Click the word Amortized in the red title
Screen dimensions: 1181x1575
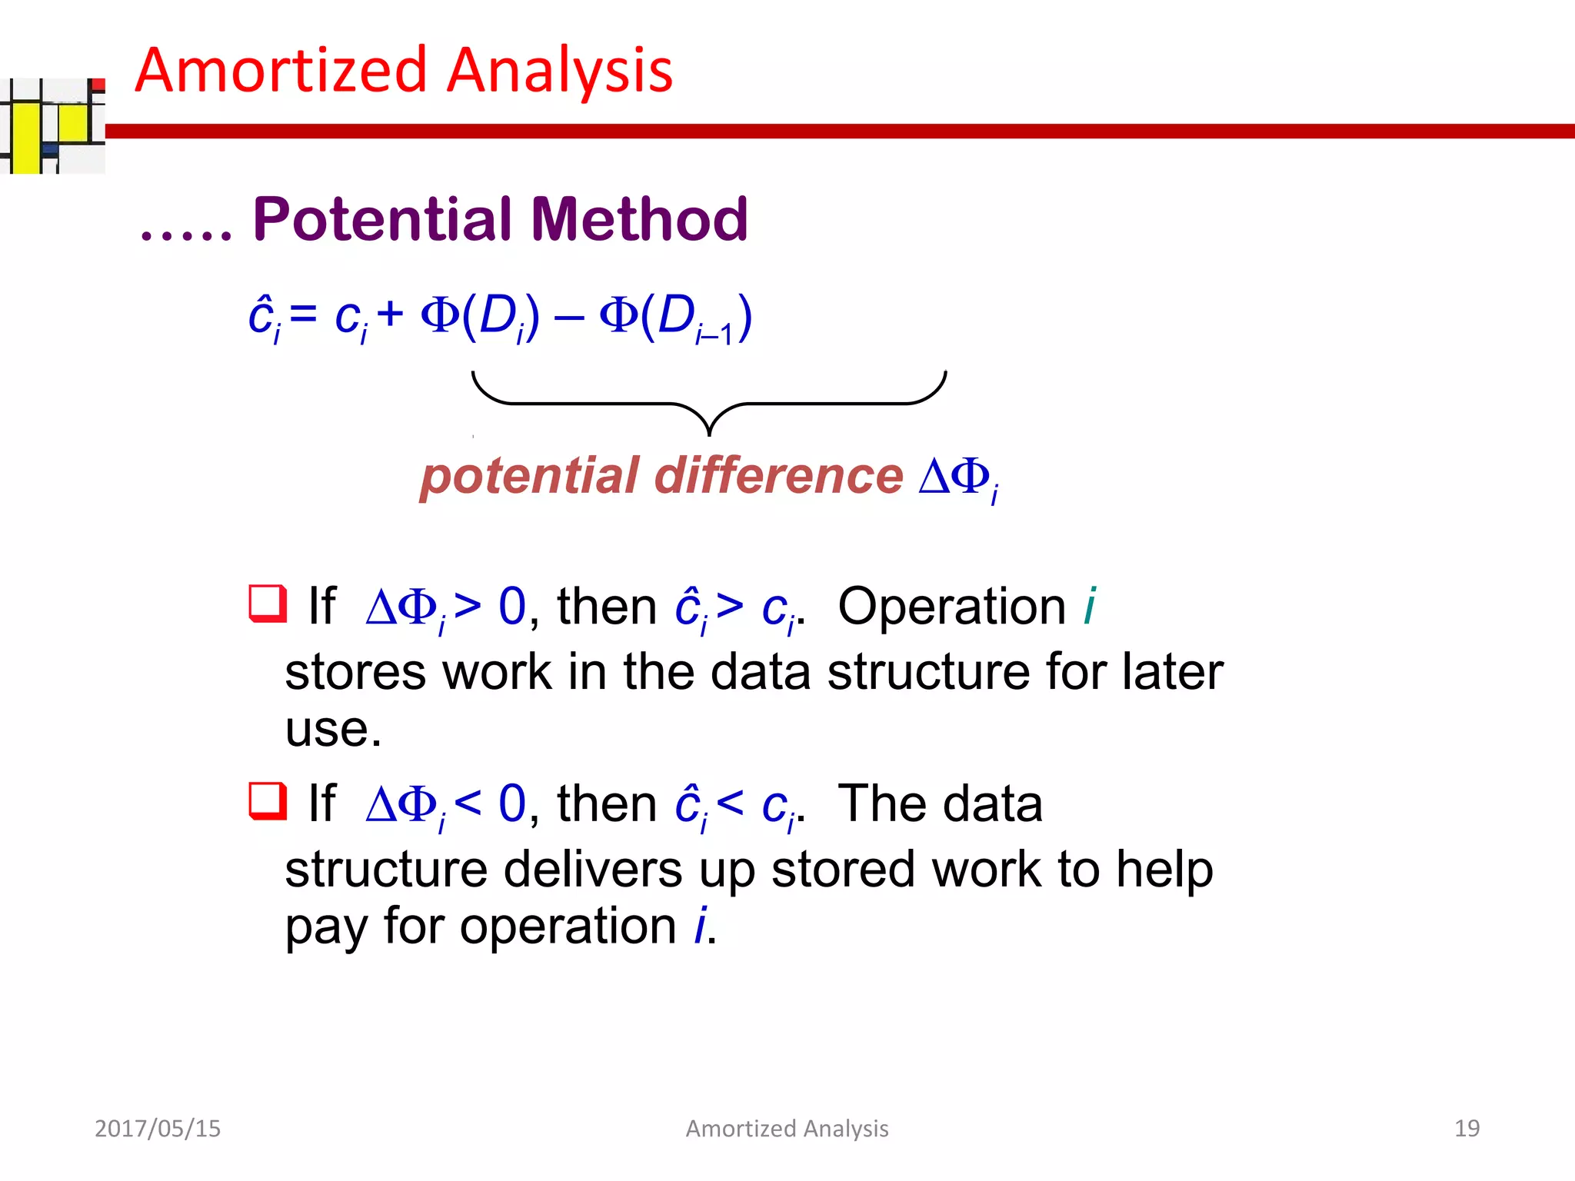[281, 71]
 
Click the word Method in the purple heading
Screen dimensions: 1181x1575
[639, 220]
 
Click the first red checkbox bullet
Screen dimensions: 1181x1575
[267, 604]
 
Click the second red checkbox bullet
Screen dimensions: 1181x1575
[267, 801]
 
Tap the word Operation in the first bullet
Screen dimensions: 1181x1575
[951, 607]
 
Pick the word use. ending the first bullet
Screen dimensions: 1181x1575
[332, 730]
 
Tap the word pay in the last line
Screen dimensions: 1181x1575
[328, 927]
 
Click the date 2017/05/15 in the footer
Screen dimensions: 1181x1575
[157, 1128]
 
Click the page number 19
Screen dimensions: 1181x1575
[1467, 1128]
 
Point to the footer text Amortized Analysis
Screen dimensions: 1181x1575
[787, 1128]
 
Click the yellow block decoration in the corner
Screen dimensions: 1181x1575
[26, 138]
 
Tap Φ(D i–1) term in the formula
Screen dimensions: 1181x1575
[675, 317]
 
